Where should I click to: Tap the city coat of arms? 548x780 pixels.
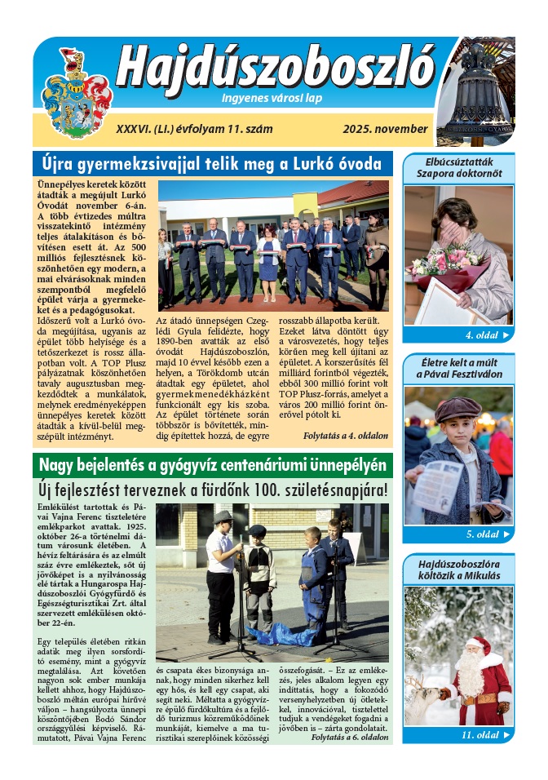76,91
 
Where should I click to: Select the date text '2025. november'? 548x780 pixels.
385,129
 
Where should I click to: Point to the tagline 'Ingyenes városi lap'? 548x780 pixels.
272,100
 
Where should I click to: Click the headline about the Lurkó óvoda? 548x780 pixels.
211,165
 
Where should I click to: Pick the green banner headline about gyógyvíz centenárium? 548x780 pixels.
212,466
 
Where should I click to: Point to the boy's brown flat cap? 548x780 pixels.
457,408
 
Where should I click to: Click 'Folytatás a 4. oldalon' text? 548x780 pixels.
345,437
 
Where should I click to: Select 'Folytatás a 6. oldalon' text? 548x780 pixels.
349,737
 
